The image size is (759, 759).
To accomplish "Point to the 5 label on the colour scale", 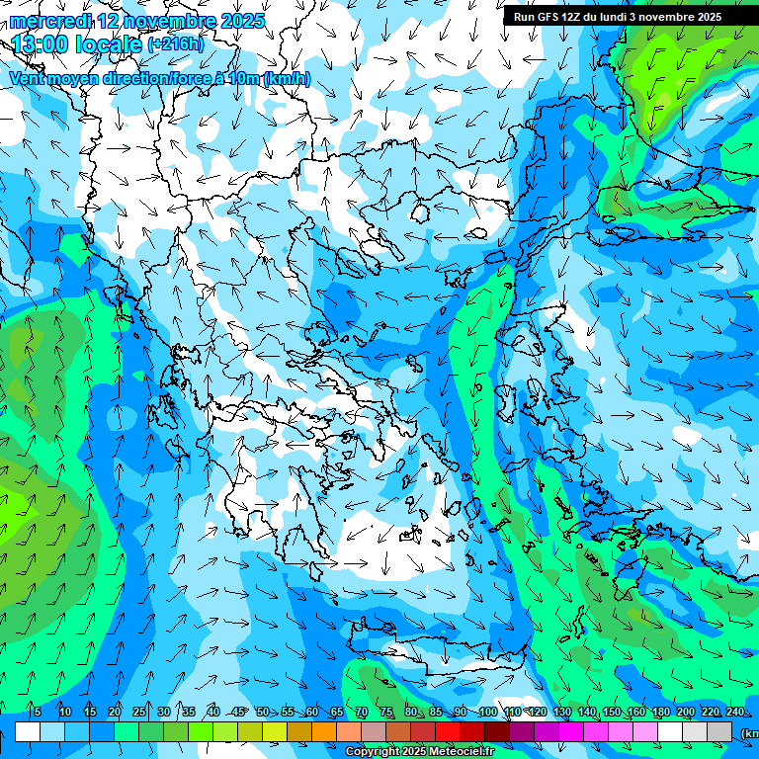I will [x=38, y=712].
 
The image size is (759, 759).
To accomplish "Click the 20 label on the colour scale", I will [x=114, y=712].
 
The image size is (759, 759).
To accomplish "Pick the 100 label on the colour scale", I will [x=487, y=712].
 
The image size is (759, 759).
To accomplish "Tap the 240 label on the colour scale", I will [x=734, y=712].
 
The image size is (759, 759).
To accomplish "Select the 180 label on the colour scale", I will [x=685, y=712].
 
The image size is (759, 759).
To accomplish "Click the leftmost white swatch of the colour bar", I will [x=28, y=732].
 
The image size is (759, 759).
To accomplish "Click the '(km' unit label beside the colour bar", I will [x=748, y=732].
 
